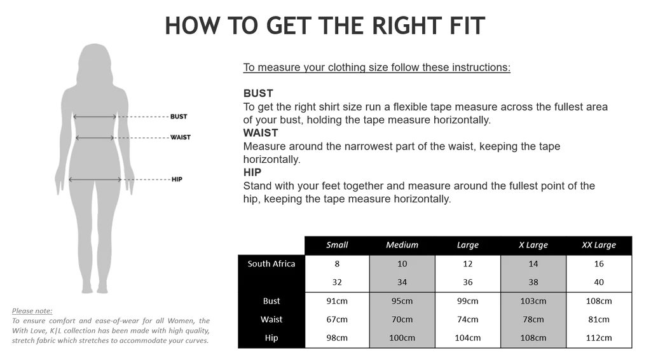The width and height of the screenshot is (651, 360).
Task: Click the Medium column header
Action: (x=402, y=245)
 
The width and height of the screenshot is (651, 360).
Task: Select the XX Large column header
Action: (x=599, y=245)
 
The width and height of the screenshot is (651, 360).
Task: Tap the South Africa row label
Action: (x=271, y=263)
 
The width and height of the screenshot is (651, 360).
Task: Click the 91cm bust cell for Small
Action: (x=337, y=301)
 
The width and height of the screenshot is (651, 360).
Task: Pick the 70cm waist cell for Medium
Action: (x=402, y=319)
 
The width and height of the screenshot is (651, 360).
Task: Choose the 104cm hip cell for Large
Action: (x=467, y=338)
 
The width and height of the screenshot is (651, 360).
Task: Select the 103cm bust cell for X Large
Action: (x=533, y=301)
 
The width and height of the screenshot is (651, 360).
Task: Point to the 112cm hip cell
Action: (x=599, y=338)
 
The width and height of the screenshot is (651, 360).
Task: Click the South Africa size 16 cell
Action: (x=599, y=263)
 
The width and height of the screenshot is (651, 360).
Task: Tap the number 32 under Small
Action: (x=337, y=282)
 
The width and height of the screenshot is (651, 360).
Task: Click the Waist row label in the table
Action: (x=271, y=319)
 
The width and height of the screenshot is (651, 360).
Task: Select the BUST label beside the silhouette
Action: (x=179, y=116)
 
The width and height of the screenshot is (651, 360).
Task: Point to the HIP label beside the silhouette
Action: (x=177, y=179)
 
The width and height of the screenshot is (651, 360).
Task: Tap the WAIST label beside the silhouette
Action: (x=180, y=137)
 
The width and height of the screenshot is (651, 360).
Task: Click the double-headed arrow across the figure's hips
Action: (x=95, y=179)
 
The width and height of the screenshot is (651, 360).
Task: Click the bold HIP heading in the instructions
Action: (x=252, y=172)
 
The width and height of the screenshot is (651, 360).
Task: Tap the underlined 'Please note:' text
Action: (x=32, y=311)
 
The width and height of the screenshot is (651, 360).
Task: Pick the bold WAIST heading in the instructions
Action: (x=261, y=133)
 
